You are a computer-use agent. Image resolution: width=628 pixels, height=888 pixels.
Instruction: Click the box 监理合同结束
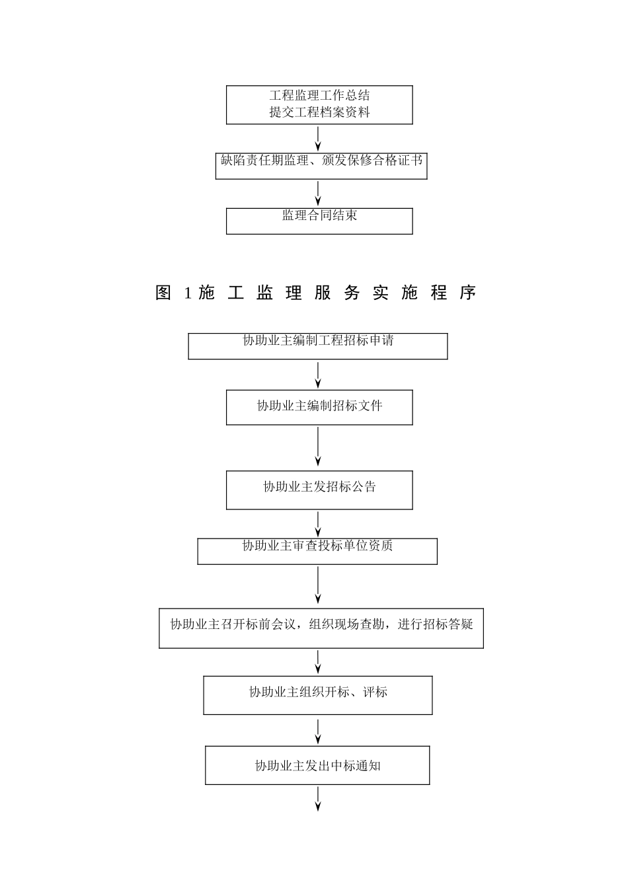(x=319, y=221)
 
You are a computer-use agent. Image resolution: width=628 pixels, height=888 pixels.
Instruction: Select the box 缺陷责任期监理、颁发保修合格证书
(x=321, y=166)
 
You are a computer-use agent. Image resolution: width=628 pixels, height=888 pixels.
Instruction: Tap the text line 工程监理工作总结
(x=319, y=96)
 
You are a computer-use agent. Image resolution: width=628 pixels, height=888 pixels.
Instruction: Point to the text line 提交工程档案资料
(x=319, y=112)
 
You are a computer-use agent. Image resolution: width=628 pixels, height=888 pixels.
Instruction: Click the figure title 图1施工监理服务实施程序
(x=316, y=293)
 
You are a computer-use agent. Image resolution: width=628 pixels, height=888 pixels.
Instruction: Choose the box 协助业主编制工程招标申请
(x=318, y=346)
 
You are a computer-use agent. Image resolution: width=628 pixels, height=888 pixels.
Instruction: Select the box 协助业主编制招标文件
(x=319, y=407)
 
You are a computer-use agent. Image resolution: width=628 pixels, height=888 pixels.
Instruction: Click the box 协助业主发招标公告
(x=319, y=490)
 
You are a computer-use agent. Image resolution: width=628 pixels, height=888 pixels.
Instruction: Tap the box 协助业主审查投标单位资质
(x=317, y=551)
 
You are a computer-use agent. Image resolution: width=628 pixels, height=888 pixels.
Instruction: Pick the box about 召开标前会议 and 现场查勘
(x=321, y=628)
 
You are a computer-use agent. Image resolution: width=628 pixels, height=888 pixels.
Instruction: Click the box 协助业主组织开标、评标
(x=318, y=694)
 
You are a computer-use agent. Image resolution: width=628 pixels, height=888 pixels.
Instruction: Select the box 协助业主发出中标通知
(x=317, y=765)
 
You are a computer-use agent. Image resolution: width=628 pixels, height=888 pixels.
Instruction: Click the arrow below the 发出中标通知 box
(x=319, y=798)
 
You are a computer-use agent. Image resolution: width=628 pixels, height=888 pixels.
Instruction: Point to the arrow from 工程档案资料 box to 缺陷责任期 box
(x=319, y=138)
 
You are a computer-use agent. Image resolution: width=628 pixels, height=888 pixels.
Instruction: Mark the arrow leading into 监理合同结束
(x=319, y=193)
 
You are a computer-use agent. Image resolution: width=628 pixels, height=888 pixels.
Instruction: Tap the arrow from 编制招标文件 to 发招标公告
(x=319, y=447)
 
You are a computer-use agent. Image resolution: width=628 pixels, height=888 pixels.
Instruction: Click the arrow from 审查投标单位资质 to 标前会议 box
(x=319, y=585)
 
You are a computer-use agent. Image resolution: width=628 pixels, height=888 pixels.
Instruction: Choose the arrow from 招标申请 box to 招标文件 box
(x=319, y=374)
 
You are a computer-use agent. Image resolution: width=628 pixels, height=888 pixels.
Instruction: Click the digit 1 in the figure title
(x=188, y=293)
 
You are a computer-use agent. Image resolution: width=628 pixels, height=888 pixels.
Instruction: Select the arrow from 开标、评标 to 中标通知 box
(x=319, y=730)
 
